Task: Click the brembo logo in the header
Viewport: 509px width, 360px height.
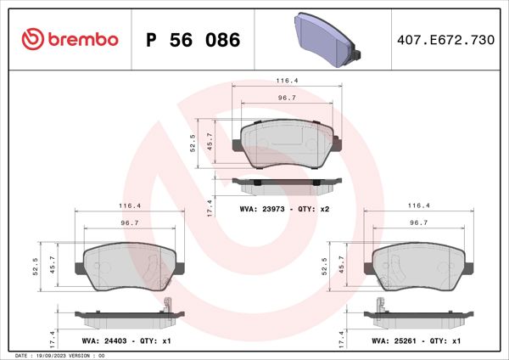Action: (67, 39)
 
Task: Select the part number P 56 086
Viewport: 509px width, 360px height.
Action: (193, 40)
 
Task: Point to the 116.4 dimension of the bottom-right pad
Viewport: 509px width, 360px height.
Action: (416, 205)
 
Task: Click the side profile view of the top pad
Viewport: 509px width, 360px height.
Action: (287, 181)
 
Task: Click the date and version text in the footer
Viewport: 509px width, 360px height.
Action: (59, 355)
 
